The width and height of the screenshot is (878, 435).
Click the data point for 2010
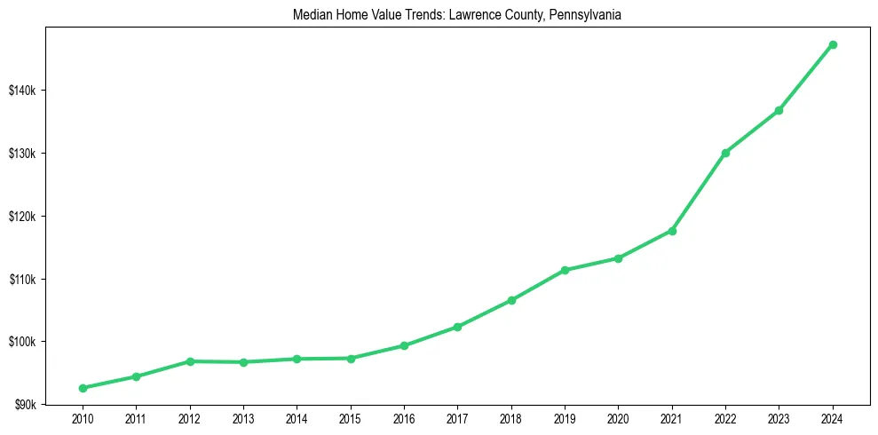tap(83, 388)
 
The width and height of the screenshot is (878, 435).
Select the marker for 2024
tap(833, 44)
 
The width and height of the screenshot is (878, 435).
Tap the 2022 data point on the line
tap(725, 153)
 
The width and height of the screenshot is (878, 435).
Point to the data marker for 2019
tap(565, 270)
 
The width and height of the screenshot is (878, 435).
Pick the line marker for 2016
tap(404, 345)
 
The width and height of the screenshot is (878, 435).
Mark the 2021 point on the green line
tap(672, 231)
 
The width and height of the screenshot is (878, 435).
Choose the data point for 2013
tap(243, 362)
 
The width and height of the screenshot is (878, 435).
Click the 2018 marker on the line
tap(511, 300)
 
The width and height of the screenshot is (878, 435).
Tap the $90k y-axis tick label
tap(27, 405)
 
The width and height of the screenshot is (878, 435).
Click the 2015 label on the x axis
tap(351, 417)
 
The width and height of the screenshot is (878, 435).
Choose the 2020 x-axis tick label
tap(619, 417)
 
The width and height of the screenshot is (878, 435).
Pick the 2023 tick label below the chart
tap(779, 417)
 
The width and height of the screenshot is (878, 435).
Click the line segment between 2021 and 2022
tap(699, 192)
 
